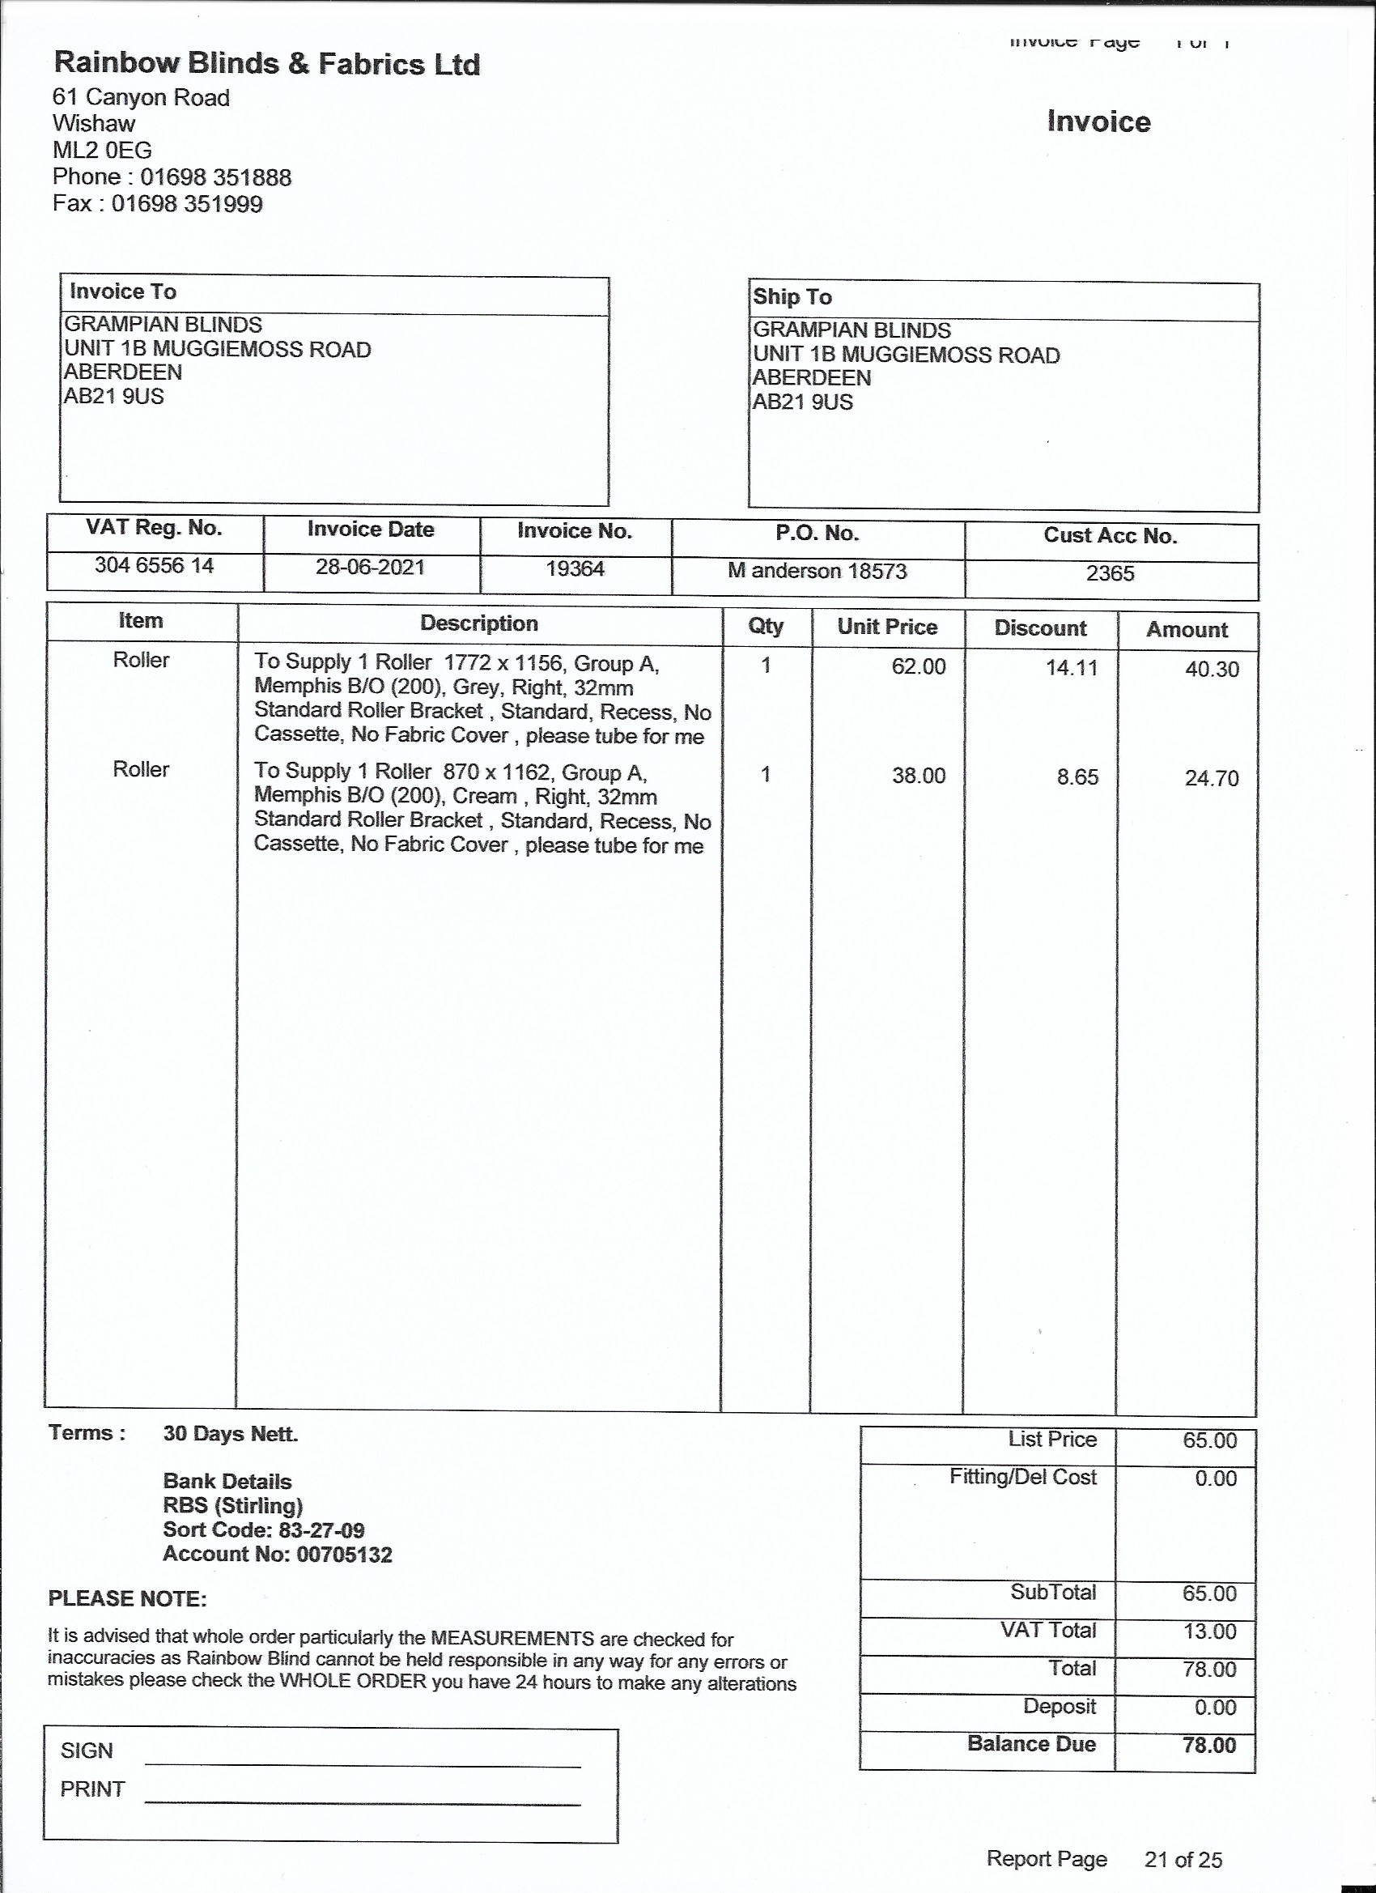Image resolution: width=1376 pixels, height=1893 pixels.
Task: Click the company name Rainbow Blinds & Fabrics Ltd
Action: (x=267, y=64)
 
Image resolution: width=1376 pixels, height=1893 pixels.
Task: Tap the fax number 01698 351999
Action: (x=187, y=204)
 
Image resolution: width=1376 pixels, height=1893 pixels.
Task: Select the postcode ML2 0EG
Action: (x=102, y=151)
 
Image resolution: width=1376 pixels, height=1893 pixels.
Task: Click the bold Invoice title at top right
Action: (x=1098, y=122)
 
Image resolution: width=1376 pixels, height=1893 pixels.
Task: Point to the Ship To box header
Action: (x=792, y=297)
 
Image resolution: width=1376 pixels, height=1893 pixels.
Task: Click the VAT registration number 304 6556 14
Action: (x=155, y=566)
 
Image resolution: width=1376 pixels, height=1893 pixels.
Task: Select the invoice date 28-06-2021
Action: (x=370, y=568)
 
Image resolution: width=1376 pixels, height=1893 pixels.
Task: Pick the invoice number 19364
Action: (x=574, y=569)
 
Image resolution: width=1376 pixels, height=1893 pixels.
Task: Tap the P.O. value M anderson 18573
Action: (x=817, y=571)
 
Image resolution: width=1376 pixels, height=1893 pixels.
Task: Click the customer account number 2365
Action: (x=1110, y=573)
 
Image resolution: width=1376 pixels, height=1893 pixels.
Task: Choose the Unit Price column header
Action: (x=887, y=627)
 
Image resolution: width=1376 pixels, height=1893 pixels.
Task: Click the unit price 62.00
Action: (x=918, y=666)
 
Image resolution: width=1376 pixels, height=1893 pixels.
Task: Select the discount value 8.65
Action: (x=1077, y=777)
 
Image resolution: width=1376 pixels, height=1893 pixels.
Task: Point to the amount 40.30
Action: (x=1212, y=670)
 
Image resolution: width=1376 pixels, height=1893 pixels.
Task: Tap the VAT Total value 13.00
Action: (x=1209, y=1631)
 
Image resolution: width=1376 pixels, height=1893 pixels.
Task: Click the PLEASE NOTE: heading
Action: (x=128, y=1599)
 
